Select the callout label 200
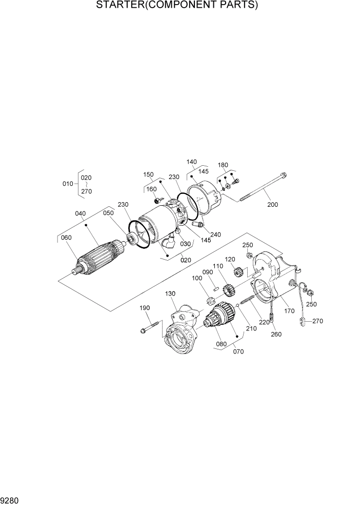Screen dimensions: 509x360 pos(272,205)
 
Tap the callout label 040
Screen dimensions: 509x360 pos(81,213)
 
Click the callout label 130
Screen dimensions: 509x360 pos(170,293)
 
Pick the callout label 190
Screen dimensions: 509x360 pos(145,308)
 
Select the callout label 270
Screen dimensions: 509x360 pos(317,321)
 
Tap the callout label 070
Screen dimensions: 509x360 pos(238,351)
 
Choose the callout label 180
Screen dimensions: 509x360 pos(223,165)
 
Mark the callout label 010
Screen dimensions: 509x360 pos(68,183)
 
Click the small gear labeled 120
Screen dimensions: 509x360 pos(236,272)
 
